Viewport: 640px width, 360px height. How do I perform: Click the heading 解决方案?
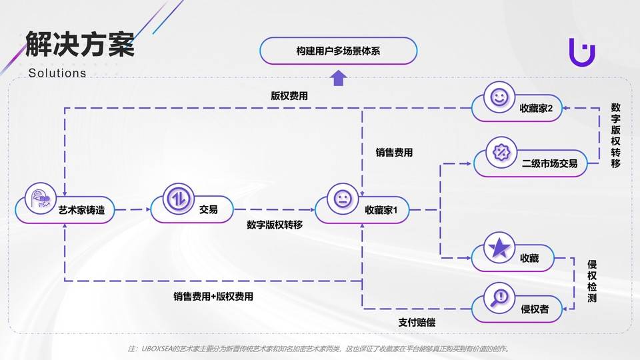point(80,45)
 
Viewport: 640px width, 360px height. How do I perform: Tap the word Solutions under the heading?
point(57,73)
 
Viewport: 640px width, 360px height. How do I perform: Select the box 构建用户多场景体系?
point(338,51)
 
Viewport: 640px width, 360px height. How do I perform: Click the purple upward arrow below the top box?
point(339,80)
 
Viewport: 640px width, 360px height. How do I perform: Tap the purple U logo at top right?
point(581,51)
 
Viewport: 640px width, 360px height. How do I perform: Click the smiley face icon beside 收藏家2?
point(498,97)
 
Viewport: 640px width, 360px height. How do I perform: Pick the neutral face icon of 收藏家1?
point(343,199)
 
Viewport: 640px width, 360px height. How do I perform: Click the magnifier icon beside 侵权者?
point(499,296)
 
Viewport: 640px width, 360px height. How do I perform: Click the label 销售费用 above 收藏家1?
point(394,153)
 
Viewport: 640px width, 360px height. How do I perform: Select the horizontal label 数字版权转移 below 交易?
point(275,225)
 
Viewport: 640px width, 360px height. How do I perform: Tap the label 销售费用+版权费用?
point(213,297)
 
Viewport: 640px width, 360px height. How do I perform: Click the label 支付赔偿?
point(417,323)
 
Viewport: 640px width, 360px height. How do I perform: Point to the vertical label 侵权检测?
point(591,281)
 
